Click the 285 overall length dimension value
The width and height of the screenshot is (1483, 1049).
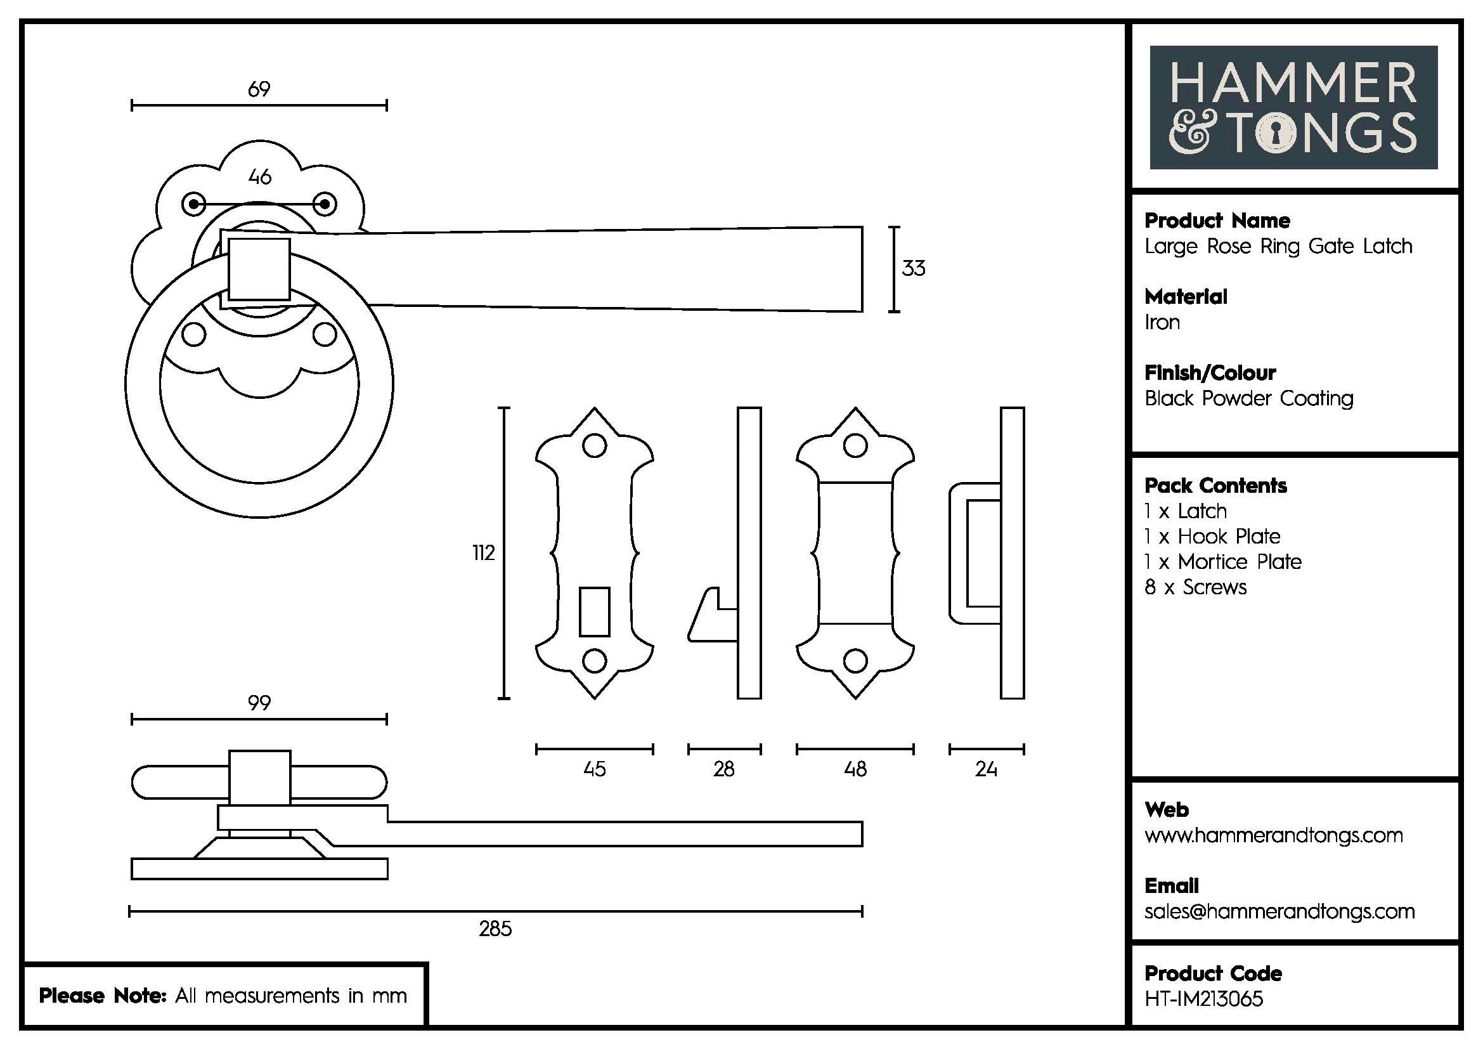click(495, 928)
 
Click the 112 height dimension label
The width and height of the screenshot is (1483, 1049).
click(483, 553)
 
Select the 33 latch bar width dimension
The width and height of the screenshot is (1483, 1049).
click(913, 268)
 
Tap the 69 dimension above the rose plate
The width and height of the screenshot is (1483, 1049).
click(259, 89)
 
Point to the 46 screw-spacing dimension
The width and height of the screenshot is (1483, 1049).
click(260, 177)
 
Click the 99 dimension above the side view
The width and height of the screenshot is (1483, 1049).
click(259, 703)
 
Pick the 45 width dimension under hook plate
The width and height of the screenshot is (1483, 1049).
click(594, 769)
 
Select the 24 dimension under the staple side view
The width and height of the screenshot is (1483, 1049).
click(986, 769)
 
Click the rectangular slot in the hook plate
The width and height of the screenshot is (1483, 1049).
click(594, 611)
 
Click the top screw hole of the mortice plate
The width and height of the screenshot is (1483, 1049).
click(855, 446)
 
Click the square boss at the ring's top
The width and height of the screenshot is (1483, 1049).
click(259, 269)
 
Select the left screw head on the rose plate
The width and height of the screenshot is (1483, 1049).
click(194, 205)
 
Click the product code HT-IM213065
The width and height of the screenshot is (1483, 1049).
click(1203, 999)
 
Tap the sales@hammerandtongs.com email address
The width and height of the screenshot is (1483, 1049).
click(1279, 911)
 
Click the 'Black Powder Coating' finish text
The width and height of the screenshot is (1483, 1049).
click(1248, 398)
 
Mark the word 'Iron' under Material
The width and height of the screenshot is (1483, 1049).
click(1162, 322)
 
